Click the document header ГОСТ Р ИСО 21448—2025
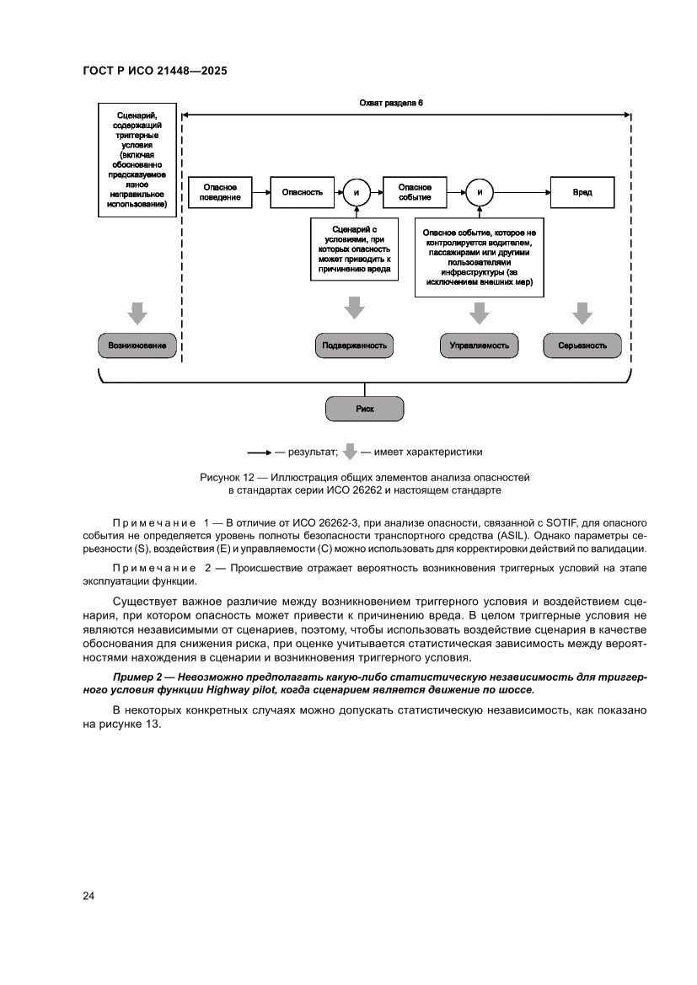point(156,72)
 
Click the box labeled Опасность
point(303,192)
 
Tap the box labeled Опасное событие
point(415,192)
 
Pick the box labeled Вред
point(582,192)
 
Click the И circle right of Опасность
point(357,193)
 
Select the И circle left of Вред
point(480,193)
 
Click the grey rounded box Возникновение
point(137,345)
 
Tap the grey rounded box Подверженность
point(355,345)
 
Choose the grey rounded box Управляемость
point(480,345)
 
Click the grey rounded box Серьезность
point(581,345)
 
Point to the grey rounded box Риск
point(364,409)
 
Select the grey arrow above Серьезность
point(581,313)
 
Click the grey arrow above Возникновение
point(137,313)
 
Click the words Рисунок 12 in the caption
point(226,477)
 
